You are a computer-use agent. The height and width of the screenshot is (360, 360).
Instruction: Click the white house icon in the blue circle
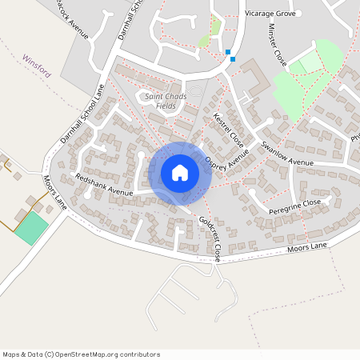180,173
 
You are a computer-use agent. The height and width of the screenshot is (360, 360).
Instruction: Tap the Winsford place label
38,66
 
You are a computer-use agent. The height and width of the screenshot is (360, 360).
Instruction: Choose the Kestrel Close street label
229,129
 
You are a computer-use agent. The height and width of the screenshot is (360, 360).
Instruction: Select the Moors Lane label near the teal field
55,193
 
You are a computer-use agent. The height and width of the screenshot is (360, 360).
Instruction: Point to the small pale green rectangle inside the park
303,64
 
